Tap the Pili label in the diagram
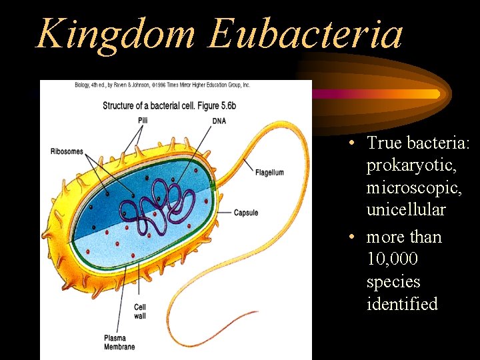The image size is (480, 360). tap(143, 120)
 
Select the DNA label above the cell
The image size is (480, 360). tap(219, 121)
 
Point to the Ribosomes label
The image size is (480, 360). tap(67, 151)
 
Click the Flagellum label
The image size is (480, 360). tap(269, 173)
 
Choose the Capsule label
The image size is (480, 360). tap(245, 213)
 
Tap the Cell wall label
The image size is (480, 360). tap(140, 311)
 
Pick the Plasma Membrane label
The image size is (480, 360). tap(119, 343)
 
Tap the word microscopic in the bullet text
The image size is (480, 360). tap(407, 187)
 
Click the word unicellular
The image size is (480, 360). tap(405, 209)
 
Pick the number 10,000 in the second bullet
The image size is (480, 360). tap(393, 259)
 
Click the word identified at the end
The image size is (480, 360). tap(402, 305)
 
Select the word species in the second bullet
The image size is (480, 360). tap(393, 282)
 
